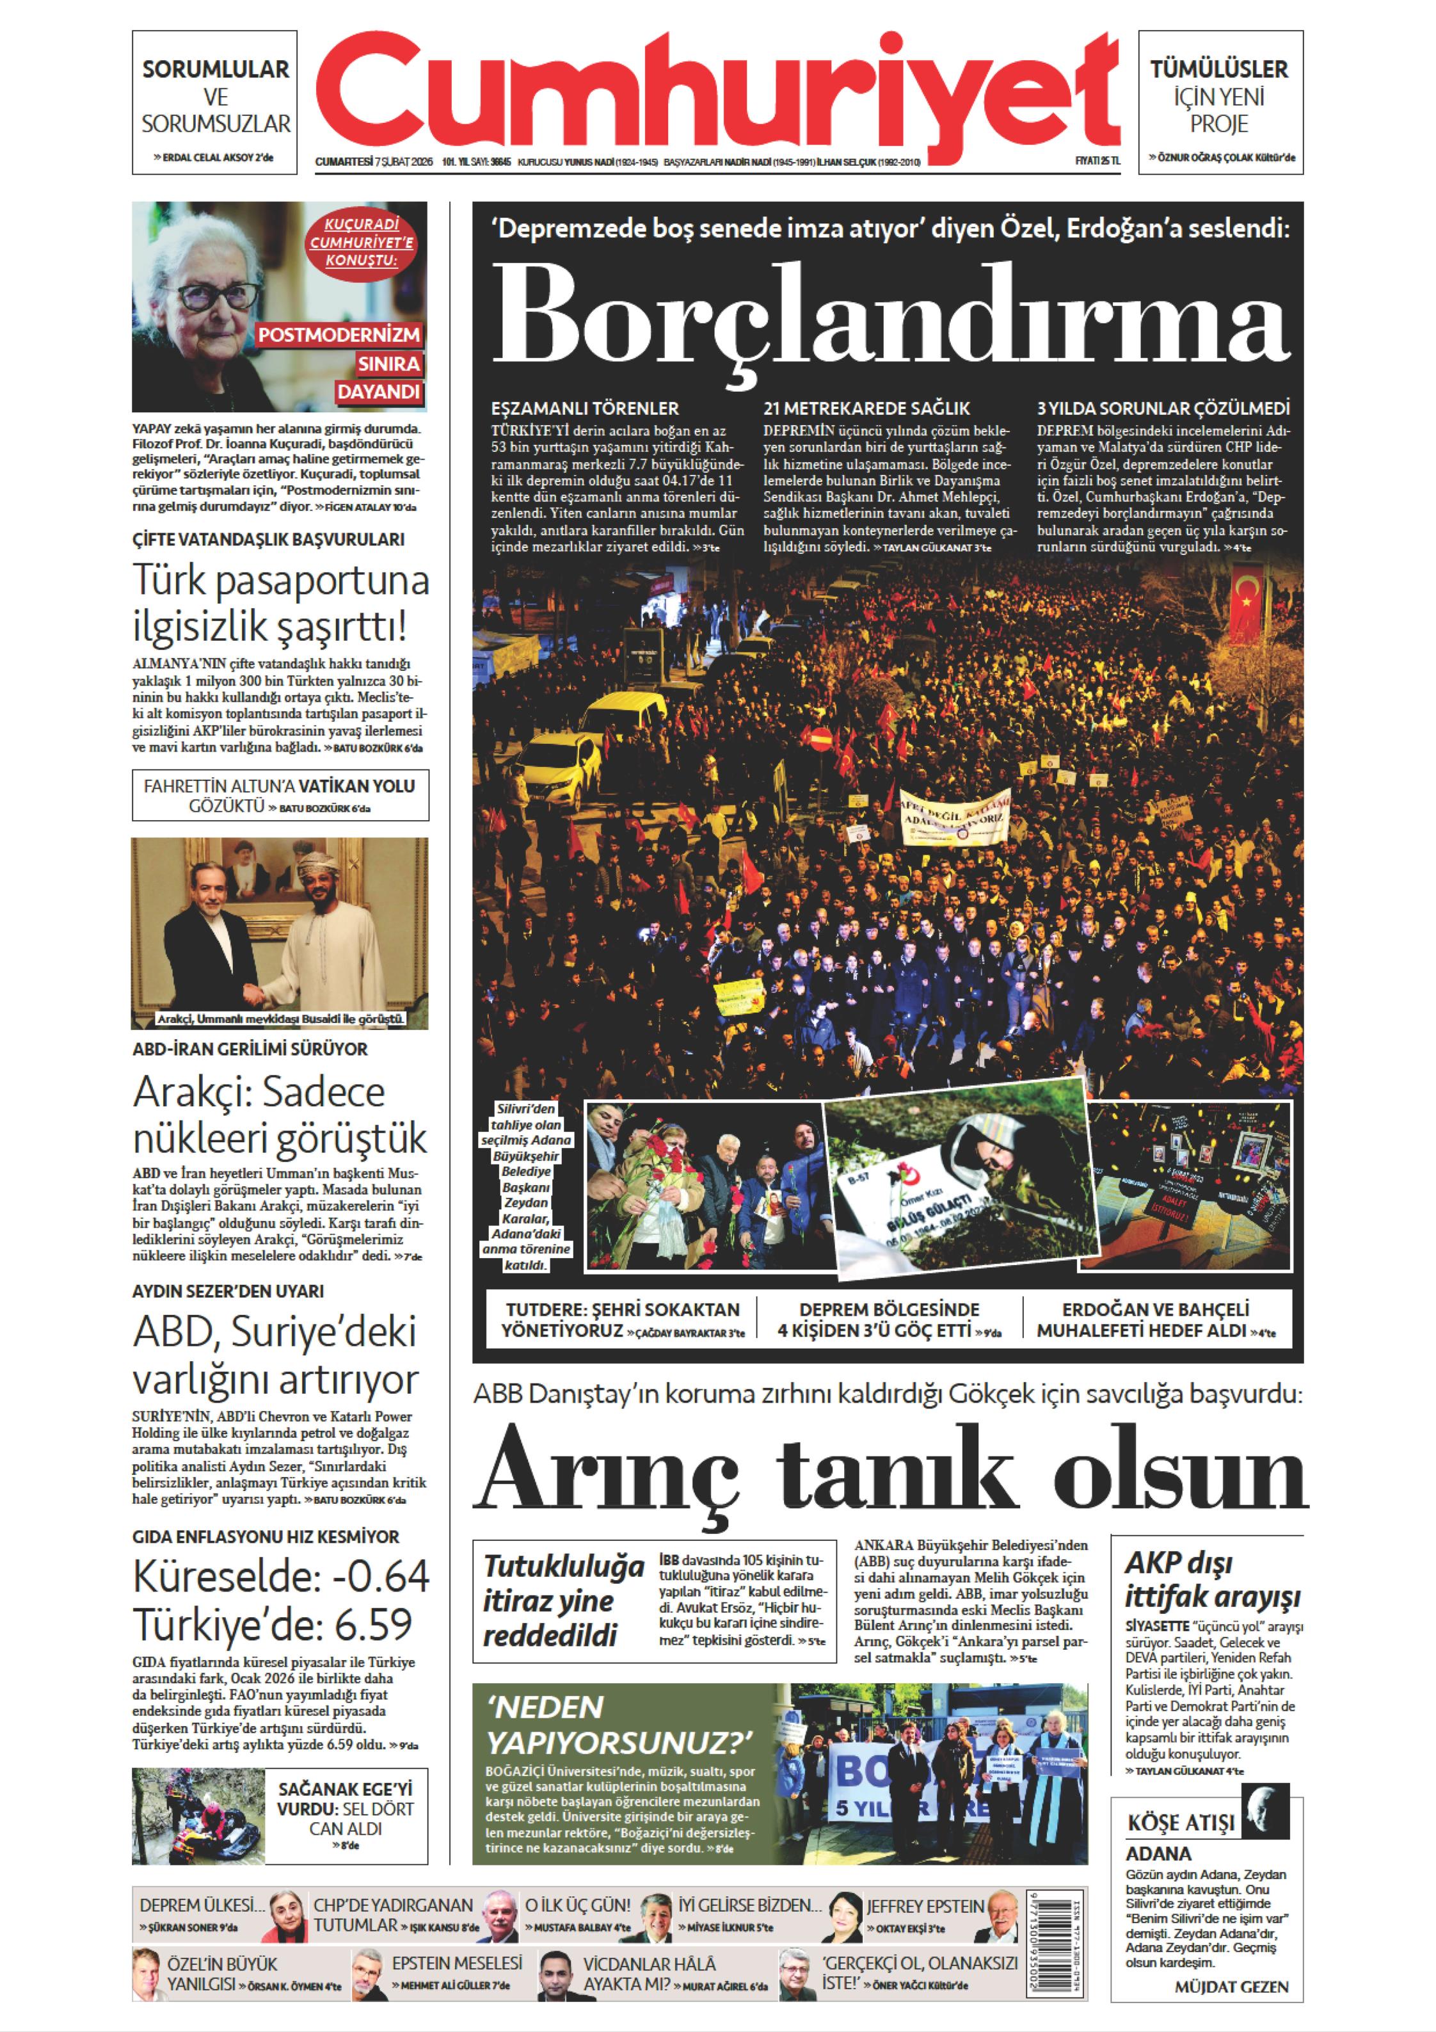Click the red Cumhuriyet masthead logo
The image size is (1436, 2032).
[717, 93]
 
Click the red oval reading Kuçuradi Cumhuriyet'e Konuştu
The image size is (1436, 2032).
[360, 243]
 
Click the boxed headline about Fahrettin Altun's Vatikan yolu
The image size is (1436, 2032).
[280, 794]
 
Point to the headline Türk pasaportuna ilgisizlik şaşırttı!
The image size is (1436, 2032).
[280, 604]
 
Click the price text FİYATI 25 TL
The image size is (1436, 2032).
[1096, 161]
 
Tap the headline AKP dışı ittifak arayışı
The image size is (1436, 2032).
[1212, 1580]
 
